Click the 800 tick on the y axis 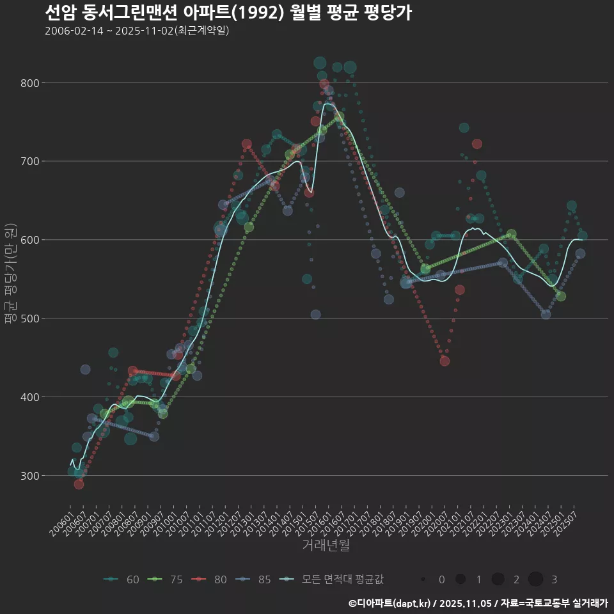coord(31,83)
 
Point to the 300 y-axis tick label coord(31,476)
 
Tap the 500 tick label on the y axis coord(31,319)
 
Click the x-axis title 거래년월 coord(326,546)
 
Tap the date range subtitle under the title coord(137,31)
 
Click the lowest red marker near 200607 coord(79,484)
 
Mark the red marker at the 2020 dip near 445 coord(445,361)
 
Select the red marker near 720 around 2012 coord(247,144)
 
